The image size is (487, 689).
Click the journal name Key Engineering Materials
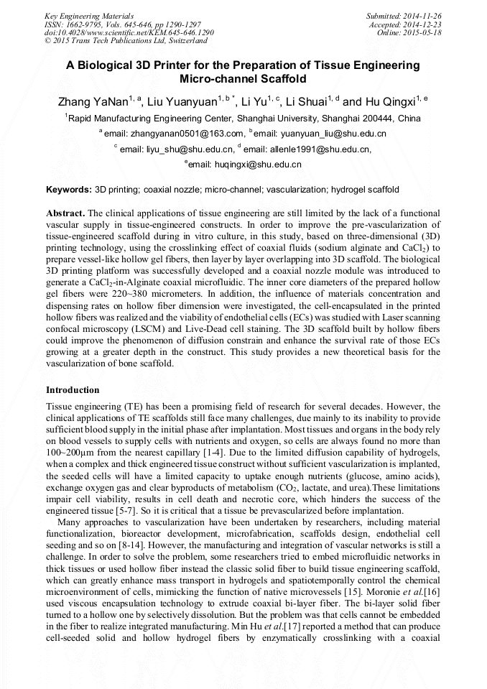point(89,15)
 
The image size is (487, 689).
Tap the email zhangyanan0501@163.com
point(186,134)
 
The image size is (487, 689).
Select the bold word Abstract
point(65,214)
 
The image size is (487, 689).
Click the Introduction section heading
point(73,390)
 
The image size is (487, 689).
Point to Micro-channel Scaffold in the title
point(243,78)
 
